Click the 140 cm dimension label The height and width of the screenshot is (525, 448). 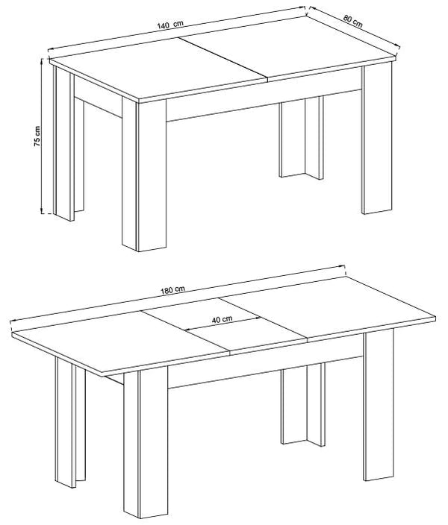coord(170,25)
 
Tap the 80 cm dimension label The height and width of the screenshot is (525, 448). coord(353,21)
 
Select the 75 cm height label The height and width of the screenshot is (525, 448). coord(37,136)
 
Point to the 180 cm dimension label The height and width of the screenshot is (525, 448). coord(172,290)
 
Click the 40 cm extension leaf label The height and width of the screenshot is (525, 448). coord(222,319)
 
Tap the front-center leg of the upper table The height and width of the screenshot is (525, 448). coord(144,175)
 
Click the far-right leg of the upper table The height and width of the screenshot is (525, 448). coord(377,138)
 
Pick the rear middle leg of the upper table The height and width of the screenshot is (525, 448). coord(301,137)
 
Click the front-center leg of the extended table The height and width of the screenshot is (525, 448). coord(146,444)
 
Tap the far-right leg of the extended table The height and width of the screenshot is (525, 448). coord(379,405)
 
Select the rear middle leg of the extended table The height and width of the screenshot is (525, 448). coord(303,404)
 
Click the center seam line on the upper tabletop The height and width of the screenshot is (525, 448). coord(223,60)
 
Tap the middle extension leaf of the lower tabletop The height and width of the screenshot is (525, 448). coord(224,324)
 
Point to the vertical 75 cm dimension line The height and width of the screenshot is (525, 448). coord(42,136)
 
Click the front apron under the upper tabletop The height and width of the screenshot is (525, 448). coord(264,101)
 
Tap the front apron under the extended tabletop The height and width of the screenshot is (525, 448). coord(266,368)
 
